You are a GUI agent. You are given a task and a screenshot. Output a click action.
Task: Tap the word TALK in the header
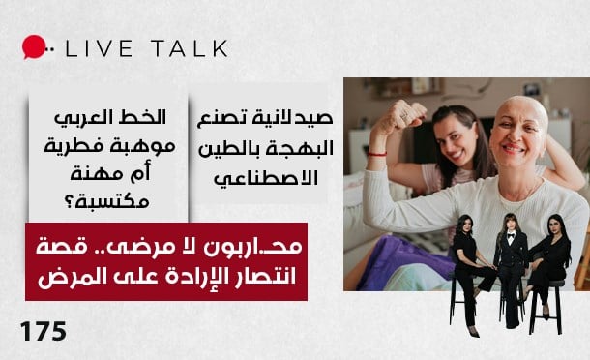click(x=185, y=47)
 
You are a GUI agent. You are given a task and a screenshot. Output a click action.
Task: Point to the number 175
click(x=44, y=332)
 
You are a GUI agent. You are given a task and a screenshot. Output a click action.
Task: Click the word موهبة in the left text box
click(x=141, y=146)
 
